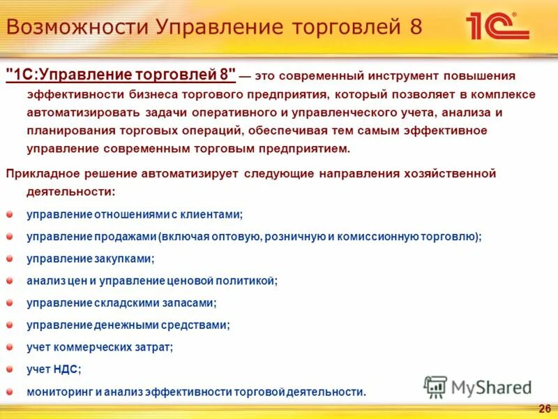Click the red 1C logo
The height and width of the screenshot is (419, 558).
496,26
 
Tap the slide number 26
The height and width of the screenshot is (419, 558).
545,408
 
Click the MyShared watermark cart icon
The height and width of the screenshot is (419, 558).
436,387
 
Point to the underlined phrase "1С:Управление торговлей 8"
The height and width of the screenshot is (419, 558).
121,75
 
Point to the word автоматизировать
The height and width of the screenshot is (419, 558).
80,112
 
